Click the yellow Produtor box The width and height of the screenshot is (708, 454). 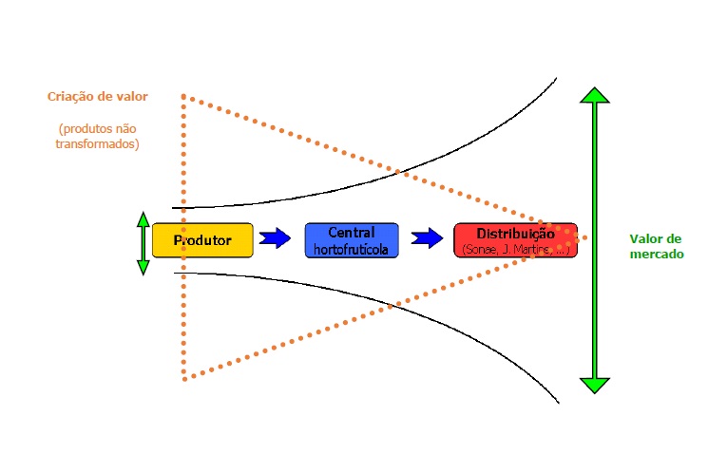[x=202, y=240]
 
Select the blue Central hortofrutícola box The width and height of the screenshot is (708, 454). [x=351, y=240]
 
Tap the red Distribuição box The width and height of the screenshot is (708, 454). [x=515, y=240]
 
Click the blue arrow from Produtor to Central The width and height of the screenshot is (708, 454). [x=275, y=237]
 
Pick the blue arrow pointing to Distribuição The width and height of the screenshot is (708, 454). [x=427, y=237]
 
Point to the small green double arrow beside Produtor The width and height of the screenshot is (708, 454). [x=144, y=243]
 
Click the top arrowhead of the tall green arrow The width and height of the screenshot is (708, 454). [x=595, y=95]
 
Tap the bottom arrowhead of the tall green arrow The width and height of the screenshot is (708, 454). [x=595, y=385]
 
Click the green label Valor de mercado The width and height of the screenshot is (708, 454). [x=657, y=247]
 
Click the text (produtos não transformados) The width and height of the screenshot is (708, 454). [x=99, y=136]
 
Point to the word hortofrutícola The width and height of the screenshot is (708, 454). [x=351, y=250]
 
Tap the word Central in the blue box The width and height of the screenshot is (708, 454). [x=352, y=232]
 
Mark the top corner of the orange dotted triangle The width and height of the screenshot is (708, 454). [x=183, y=96]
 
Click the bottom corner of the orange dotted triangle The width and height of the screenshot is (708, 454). [x=183, y=379]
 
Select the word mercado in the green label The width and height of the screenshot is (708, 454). [x=657, y=255]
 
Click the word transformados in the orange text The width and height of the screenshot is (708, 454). [x=99, y=144]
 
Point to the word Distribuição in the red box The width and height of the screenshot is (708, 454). [x=515, y=234]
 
